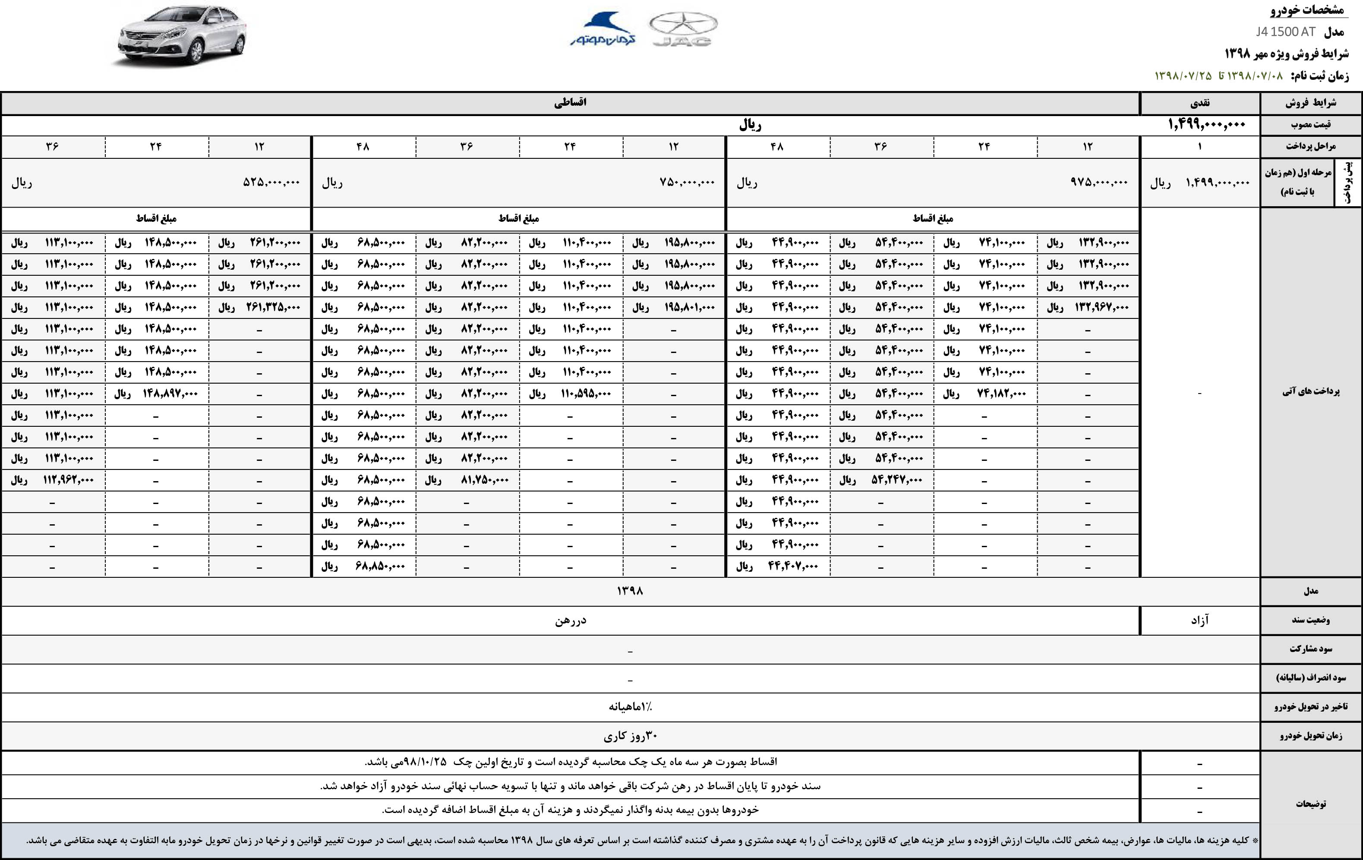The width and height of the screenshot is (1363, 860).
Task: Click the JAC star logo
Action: (x=683, y=29)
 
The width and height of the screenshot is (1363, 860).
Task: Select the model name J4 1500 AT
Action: (x=1285, y=32)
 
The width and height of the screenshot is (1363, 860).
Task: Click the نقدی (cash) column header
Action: (x=1199, y=103)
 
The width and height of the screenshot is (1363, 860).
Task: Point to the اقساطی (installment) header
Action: (x=570, y=102)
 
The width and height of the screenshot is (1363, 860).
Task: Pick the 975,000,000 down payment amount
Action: (x=1099, y=182)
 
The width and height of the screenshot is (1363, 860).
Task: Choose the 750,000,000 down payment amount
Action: (x=687, y=182)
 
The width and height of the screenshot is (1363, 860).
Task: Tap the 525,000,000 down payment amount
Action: (x=271, y=182)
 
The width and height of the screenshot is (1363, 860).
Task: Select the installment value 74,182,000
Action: (x=1001, y=393)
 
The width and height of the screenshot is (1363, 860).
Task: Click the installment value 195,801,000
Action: (x=689, y=307)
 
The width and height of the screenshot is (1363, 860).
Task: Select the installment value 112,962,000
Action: (x=69, y=480)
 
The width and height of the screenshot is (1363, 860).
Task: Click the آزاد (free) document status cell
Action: (x=1199, y=621)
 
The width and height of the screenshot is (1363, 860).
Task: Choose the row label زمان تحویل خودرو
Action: (x=1310, y=736)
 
